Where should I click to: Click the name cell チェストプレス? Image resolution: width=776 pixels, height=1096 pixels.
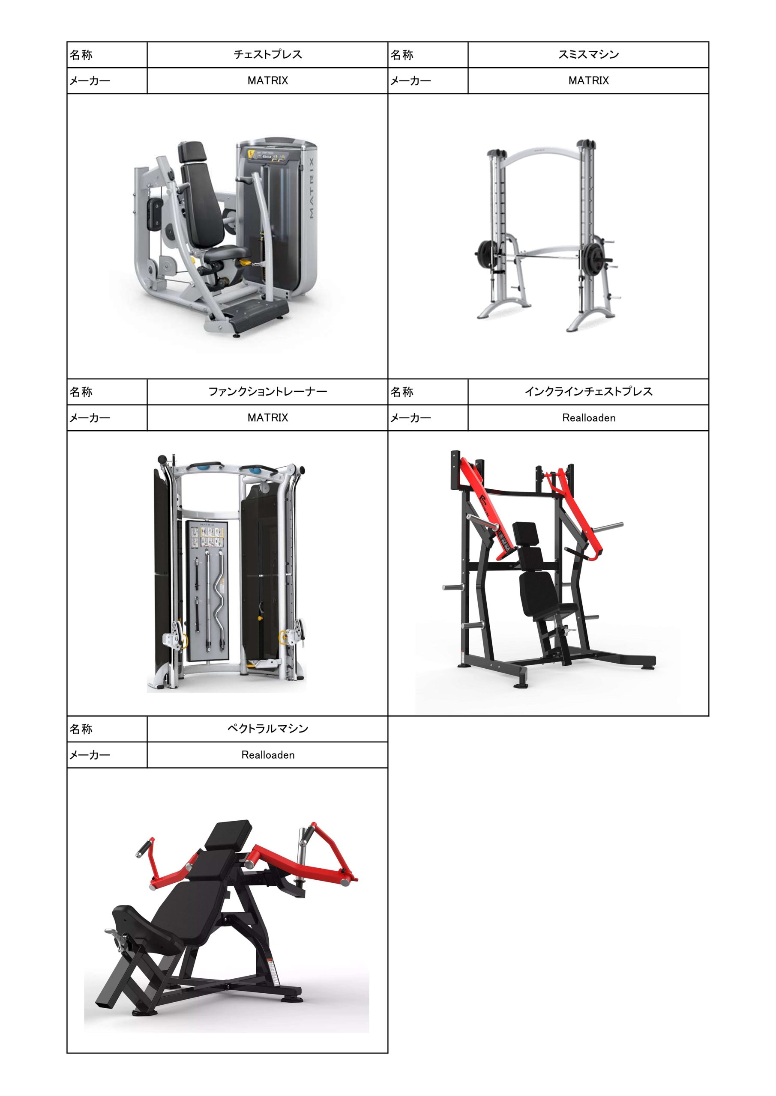pos(267,54)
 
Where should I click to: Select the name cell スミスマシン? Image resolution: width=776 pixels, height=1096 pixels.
pos(588,54)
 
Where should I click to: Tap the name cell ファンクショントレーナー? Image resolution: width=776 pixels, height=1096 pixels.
pos(267,392)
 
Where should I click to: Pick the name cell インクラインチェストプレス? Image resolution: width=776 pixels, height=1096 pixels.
pos(588,392)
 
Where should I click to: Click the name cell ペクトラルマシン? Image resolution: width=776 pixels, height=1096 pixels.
pos(267,729)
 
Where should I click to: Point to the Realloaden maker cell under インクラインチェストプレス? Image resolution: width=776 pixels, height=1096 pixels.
pos(588,418)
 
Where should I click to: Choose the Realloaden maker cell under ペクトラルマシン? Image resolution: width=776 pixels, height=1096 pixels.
pos(267,755)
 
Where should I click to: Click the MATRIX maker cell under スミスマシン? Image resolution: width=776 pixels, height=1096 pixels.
pos(588,80)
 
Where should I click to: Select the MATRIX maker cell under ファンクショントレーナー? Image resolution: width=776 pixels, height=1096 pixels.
pos(267,418)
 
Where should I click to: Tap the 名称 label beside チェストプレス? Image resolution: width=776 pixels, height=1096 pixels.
pos(81,55)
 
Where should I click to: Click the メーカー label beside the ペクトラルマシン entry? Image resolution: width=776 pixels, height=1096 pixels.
pos(90,755)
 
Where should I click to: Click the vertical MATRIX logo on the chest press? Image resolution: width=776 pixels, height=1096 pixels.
pos(311,188)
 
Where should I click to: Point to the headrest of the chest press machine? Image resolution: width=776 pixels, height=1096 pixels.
pos(192,153)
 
